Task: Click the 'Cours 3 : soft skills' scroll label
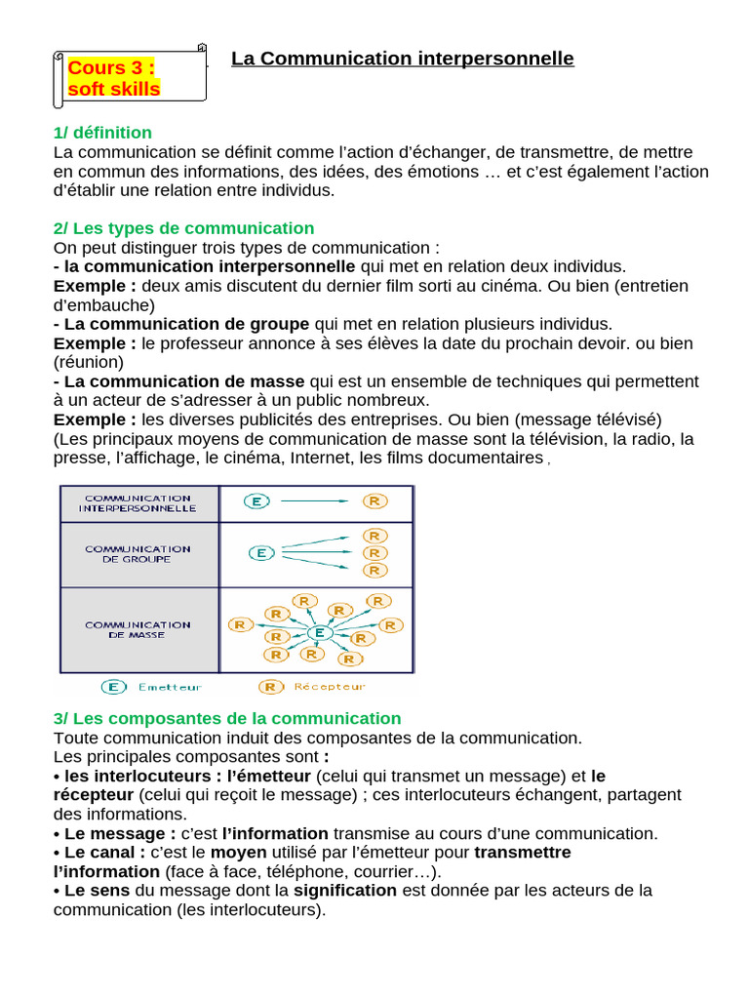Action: pyautogui.click(x=127, y=78)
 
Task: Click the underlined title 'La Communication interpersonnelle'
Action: pyautogui.click(x=403, y=59)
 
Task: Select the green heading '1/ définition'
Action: pyautogui.click(x=102, y=133)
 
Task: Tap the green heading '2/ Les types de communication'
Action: pyautogui.click(x=183, y=228)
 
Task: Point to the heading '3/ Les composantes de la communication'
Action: pyautogui.click(x=227, y=719)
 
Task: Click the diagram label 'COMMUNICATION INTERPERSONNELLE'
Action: pyautogui.click(x=138, y=502)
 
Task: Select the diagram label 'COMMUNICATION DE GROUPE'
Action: pyautogui.click(x=138, y=554)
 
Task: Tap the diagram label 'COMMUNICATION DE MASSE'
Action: pyautogui.click(x=138, y=629)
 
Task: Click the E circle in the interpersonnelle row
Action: pyautogui.click(x=256, y=501)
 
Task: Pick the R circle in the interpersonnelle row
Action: pyautogui.click(x=374, y=501)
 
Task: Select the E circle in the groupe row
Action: pyautogui.click(x=260, y=553)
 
